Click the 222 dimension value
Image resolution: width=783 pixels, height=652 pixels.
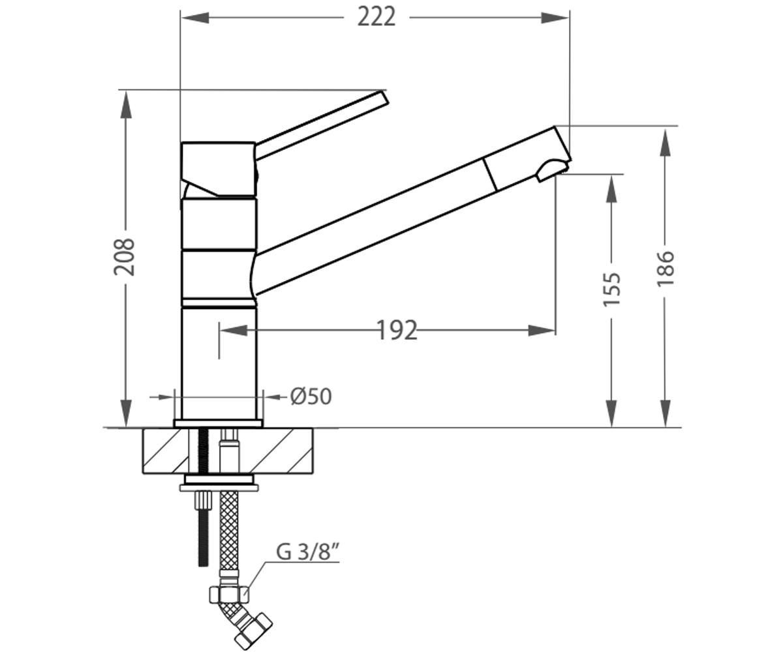point(376,17)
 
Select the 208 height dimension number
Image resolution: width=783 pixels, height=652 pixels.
point(124,257)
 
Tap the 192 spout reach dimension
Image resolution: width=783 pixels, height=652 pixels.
point(396,330)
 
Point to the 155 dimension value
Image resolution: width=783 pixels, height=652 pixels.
point(611,289)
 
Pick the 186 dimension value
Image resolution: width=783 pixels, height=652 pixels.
point(666,269)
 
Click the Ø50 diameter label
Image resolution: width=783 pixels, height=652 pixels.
point(311,396)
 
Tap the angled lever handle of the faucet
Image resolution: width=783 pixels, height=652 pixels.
point(322,125)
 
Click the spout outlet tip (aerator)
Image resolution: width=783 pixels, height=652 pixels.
point(553,169)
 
